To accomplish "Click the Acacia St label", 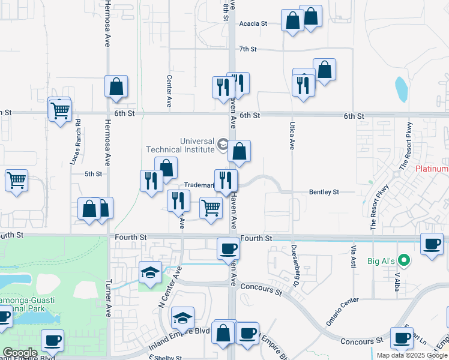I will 253,23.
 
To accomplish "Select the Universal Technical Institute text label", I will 181,146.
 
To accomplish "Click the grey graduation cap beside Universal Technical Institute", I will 223,144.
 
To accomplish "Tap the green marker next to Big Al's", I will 405,260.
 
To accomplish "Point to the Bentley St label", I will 324,192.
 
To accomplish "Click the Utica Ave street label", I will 292,134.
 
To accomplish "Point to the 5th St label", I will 94,173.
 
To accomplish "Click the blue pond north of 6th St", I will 401,89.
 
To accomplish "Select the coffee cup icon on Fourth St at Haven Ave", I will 228,247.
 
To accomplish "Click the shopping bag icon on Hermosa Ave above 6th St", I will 116,86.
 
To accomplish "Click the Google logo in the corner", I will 19,353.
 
